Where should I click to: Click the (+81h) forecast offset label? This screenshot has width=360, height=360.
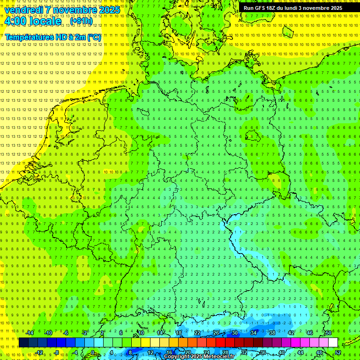coord(81,21)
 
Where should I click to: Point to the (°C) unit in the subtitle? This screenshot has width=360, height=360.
coord(94,37)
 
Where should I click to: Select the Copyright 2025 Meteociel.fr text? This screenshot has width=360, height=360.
coord(199,357)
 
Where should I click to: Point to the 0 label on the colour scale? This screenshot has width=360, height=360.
coord(93,352)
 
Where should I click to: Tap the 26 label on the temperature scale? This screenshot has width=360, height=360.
coord(216,333)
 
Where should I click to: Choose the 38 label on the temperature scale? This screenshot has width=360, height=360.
coord(272,333)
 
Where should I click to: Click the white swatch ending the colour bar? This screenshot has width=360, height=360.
coord(333,343)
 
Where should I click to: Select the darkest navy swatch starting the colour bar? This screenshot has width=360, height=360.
coord(23,343)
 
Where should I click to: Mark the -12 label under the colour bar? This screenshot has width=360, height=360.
coord(39,352)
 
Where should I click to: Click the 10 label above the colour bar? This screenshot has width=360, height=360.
coord(141,333)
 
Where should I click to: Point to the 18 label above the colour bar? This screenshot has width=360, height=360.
coord(179,333)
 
